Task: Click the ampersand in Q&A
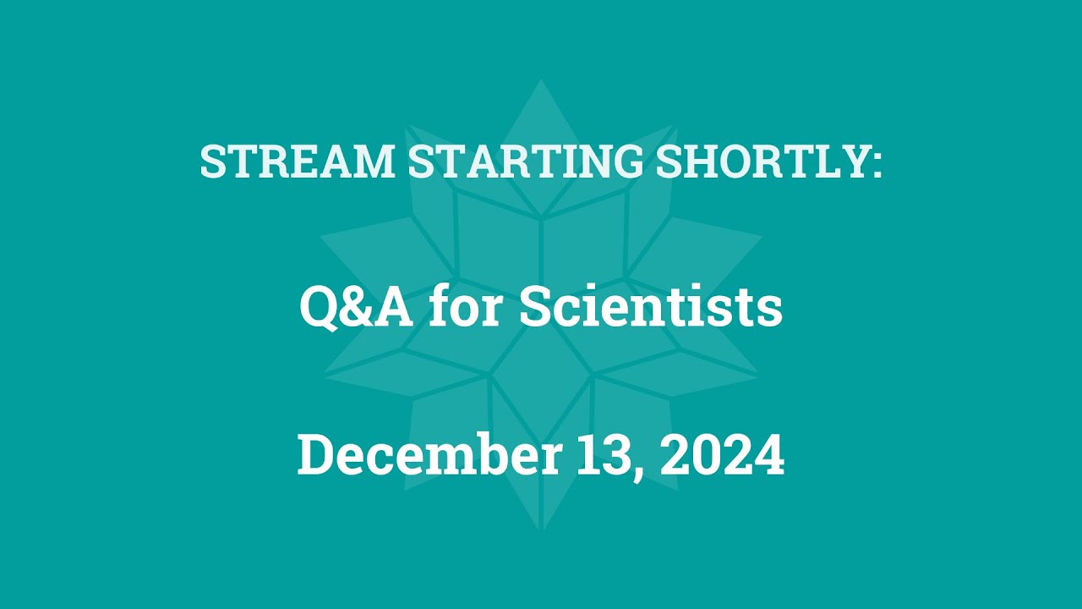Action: [x=356, y=308]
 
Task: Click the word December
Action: [x=429, y=456]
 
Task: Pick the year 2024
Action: [x=723, y=456]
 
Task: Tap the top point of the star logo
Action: [x=541, y=82]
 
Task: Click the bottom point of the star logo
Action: [x=541, y=529]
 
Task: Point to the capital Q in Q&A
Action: [x=318, y=309]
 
